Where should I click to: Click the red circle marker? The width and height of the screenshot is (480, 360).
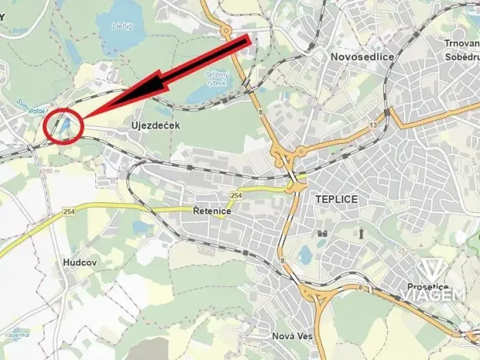(x=64, y=125)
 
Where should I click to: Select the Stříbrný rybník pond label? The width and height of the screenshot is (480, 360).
(x=216, y=79)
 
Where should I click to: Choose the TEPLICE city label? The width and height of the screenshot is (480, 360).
(x=338, y=198)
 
